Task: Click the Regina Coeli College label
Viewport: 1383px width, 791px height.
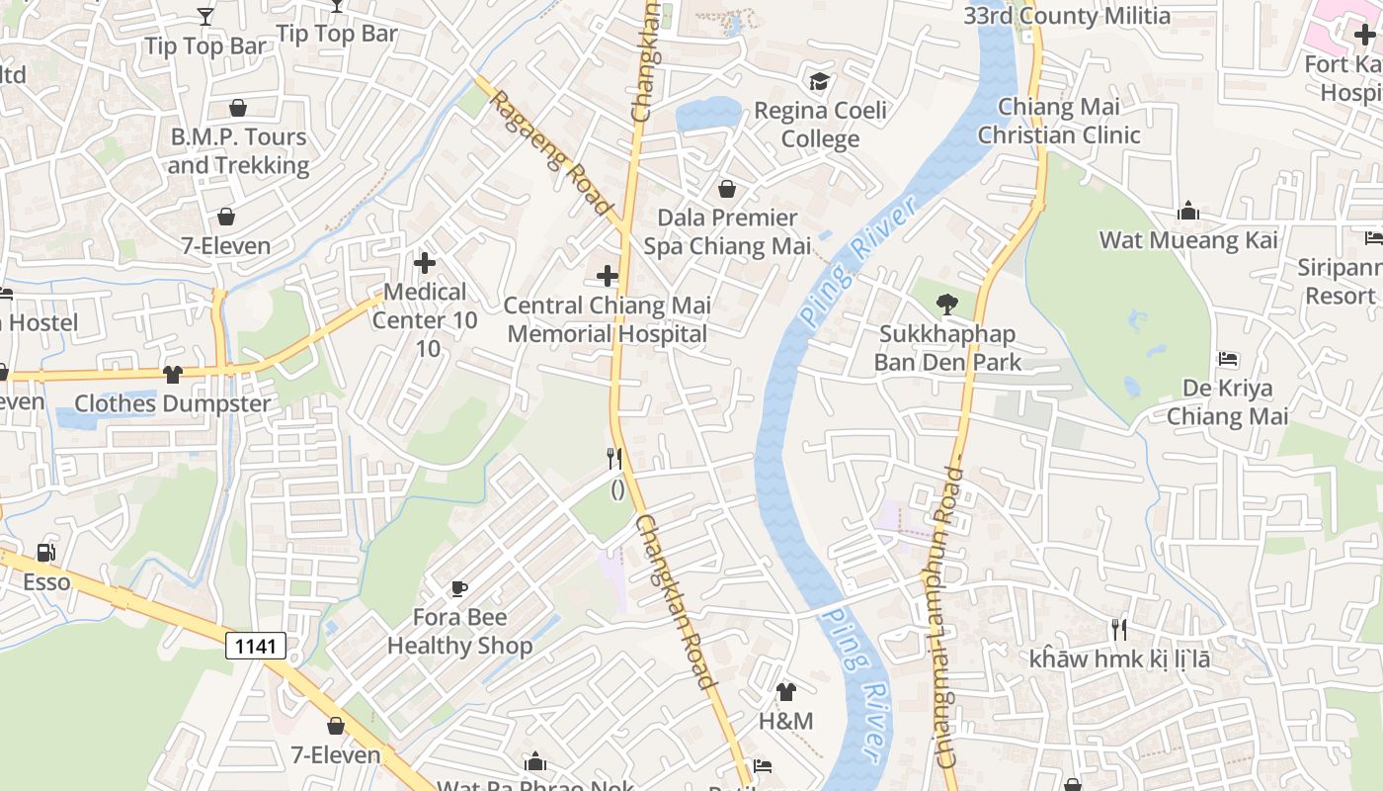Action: pyautogui.click(x=820, y=125)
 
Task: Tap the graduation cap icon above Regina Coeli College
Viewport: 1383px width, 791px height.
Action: pyautogui.click(x=819, y=81)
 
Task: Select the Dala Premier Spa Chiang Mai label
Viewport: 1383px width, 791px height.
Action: pyautogui.click(x=727, y=231)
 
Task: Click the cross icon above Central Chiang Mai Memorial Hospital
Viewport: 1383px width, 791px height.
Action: pyautogui.click(x=608, y=276)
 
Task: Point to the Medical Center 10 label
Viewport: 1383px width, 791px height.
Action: pyautogui.click(x=425, y=307)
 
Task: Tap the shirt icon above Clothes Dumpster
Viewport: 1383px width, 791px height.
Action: pyautogui.click(x=173, y=374)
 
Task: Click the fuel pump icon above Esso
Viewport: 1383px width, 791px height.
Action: pyautogui.click(x=45, y=553)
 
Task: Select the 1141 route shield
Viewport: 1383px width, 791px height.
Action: pyautogui.click(x=256, y=647)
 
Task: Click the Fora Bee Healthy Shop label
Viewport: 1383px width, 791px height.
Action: pyautogui.click(x=459, y=632)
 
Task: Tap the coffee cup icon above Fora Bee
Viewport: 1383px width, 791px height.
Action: pyautogui.click(x=458, y=589)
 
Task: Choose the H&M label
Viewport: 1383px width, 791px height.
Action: pyautogui.click(x=785, y=722)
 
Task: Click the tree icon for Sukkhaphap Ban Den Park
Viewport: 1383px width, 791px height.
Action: pyautogui.click(x=946, y=305)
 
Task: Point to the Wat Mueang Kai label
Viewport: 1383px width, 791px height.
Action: pyautogui.click(x=1188, y=240)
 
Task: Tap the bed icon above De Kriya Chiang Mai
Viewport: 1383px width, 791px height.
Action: pyautogui.click(x=1228, y=358)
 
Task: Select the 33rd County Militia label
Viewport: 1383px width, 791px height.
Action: pyautogui.click(x=1067, y=16)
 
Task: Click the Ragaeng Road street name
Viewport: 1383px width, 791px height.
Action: pyautogui.click(x=550, y=152)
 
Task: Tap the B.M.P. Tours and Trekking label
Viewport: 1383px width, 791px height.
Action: pyautogui.click(x=238, y=150)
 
